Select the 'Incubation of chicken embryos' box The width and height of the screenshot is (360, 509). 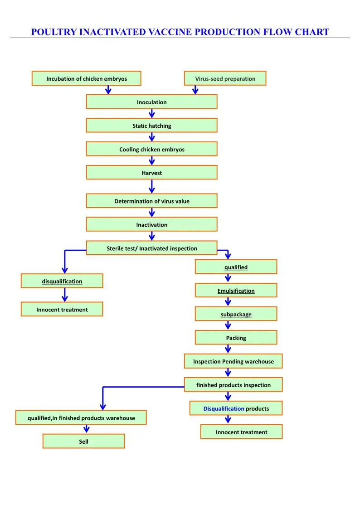[86, 78]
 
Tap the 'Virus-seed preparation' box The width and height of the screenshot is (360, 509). [225, 78]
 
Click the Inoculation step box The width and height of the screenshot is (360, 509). [151, 102]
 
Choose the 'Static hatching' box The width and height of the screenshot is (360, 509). [151, 126]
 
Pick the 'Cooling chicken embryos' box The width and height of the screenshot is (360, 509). [151, 149]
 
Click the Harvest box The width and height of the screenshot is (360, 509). [151, 173]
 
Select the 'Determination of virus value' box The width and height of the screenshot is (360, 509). [151, 201]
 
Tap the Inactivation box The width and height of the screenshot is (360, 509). [151, 224]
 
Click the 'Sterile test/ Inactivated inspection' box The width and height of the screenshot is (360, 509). [151, 248]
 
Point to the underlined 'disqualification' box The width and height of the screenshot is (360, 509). [62, 281]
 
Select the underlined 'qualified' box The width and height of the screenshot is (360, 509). [236, 267]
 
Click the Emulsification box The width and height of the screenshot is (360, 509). [236, 291]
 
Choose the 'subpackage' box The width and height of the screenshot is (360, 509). [236, 314]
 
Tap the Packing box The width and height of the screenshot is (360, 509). [236, 338]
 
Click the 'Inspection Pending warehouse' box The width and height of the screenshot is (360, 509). [233, 361]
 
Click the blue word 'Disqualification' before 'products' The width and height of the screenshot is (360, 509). [224, 408]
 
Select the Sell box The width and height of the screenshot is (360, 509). [83, 441]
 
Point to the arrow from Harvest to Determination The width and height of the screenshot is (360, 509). [152, 186]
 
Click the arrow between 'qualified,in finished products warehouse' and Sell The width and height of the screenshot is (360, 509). [87, 429]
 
